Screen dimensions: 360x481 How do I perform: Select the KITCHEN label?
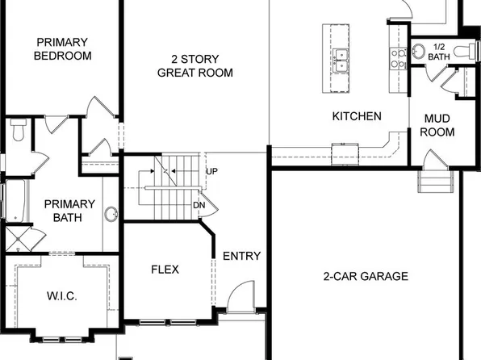tap(357, 116)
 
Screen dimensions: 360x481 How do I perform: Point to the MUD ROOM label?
tap(439, 125)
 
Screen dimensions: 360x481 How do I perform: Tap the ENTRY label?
tap(241, 257)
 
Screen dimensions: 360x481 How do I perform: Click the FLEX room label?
tap(165, 269)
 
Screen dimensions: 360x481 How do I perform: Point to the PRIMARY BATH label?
tap(69, 211)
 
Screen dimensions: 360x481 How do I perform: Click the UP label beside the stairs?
tap(211, 172)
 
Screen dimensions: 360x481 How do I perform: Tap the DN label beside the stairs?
tap(199, 204)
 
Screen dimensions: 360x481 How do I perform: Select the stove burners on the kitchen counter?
tap(398, 55)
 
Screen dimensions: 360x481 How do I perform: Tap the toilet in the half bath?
tap(463, 51)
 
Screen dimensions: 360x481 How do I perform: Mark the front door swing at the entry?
tap(240, 299)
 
